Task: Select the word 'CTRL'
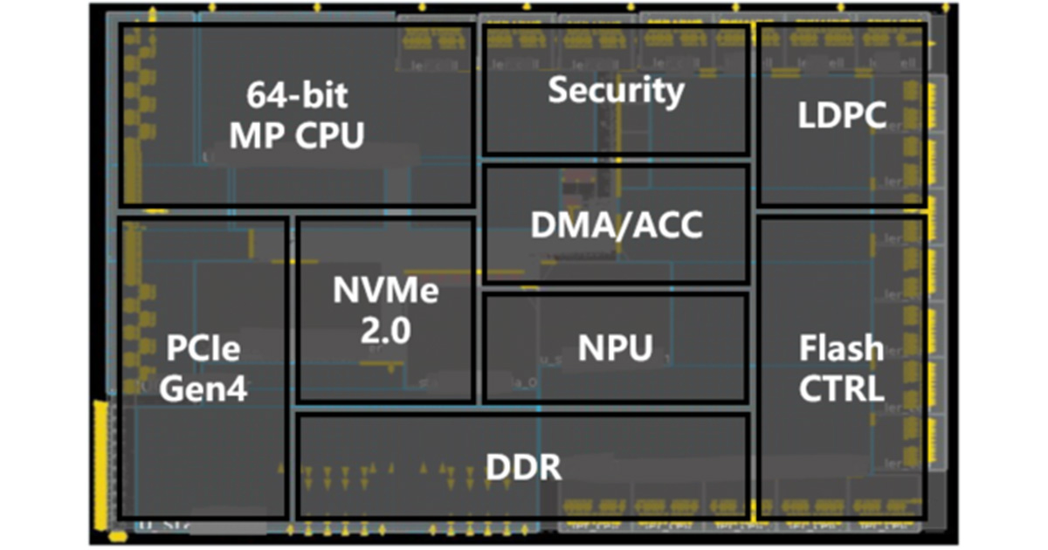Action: click(x=842, y=388)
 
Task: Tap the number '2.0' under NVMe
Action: click(x=384, y=332)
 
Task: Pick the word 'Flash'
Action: click(x=842, y=348)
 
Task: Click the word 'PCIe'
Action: click(x=203, y=350)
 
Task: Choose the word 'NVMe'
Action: click(x=386, y=292)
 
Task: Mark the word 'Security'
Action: click(x=616, y=91)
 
